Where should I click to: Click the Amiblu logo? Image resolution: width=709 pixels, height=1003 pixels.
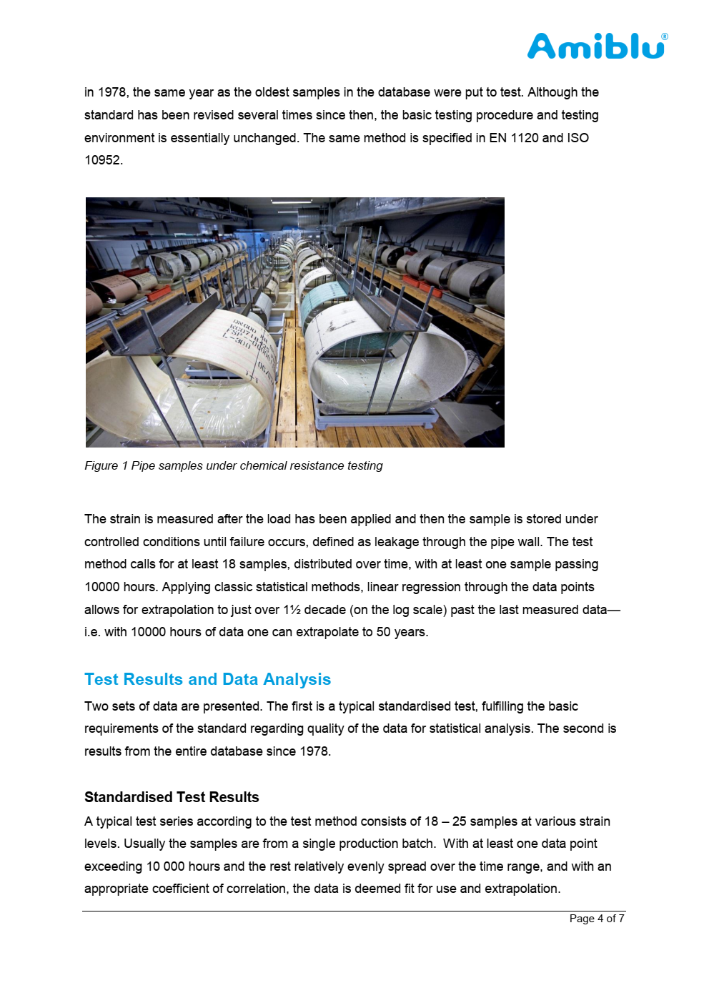pos(596,46)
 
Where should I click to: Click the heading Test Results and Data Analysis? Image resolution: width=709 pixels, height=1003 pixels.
pos(207,679)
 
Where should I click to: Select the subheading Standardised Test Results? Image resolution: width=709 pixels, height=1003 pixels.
pos(172,797)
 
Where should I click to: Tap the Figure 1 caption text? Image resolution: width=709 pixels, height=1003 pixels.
pos(233,465)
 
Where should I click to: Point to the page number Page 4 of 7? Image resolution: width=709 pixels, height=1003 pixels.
pos(597,919)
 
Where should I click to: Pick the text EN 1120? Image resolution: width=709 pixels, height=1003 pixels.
pos(513,138)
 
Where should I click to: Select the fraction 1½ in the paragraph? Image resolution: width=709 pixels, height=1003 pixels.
pos(292,610)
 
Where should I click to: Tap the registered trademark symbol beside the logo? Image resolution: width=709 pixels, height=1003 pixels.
pos(665,36)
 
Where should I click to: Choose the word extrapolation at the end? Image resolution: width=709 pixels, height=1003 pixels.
pos(523,889)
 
